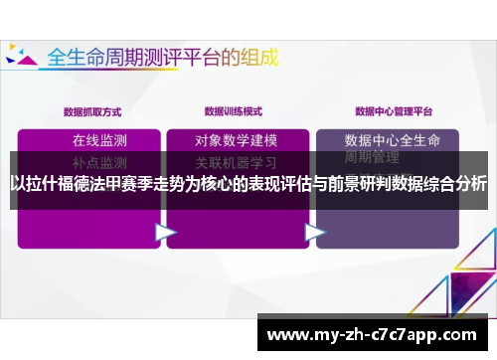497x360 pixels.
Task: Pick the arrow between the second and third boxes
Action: coord(315,231)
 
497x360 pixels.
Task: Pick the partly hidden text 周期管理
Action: coord(372,157)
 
